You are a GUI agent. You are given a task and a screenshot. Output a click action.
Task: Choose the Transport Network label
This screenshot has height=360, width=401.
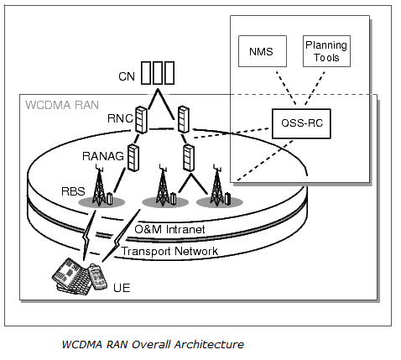[x=170, y=251]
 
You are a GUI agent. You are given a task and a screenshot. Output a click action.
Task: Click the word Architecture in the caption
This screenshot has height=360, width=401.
[x=207, y=344]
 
